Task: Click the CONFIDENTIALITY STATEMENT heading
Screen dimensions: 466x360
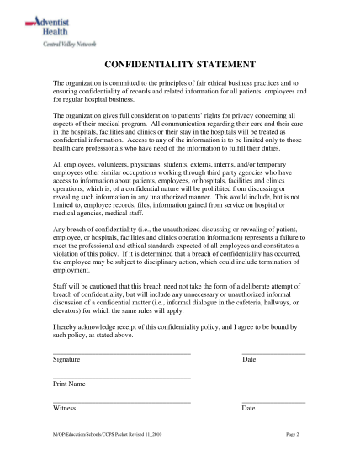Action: tap(179, 66)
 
